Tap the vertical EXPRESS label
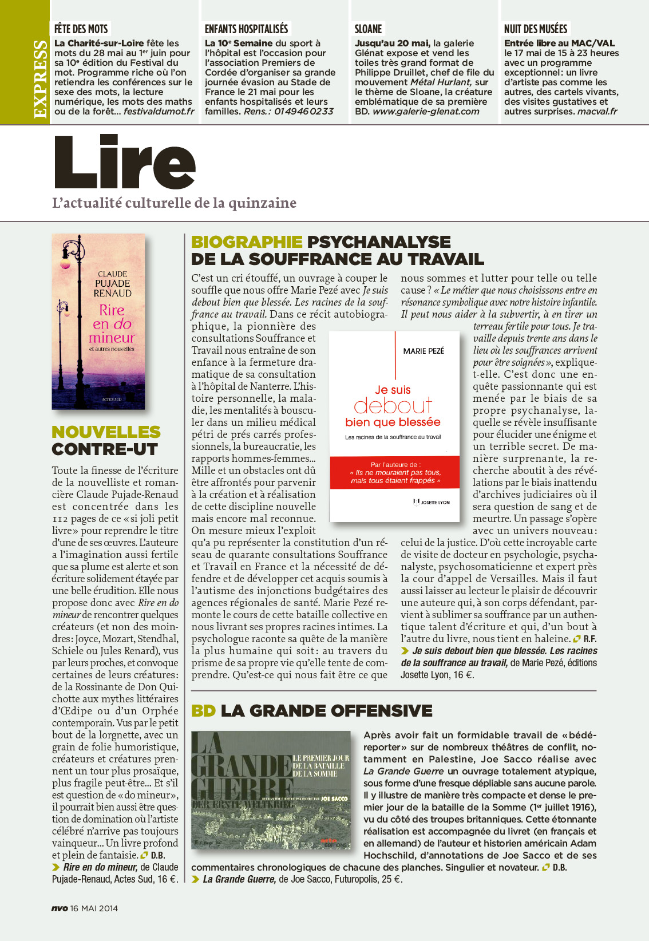(x=40, y=79)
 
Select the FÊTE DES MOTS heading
(x=81, y=29)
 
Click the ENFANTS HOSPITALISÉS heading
(x=246, y=29)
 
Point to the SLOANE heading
(x=368, y=29)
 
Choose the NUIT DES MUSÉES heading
(x=535, y=29)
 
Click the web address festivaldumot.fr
(x=159, y=112)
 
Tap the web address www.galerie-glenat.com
(x=426, y=112)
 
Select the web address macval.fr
(x=597, y=112)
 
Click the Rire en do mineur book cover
(x=98, y=321)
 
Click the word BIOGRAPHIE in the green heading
(x=247, y=242)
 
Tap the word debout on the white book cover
(x=393, y=406)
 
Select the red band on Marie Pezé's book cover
(x=395, y=473)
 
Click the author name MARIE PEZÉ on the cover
(x=424, y=351)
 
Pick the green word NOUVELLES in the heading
(x=106, y=432)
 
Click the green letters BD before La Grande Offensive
(x=203, y=711)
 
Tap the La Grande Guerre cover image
(x=270, y=789)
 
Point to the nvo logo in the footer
(x=59, y=908)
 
